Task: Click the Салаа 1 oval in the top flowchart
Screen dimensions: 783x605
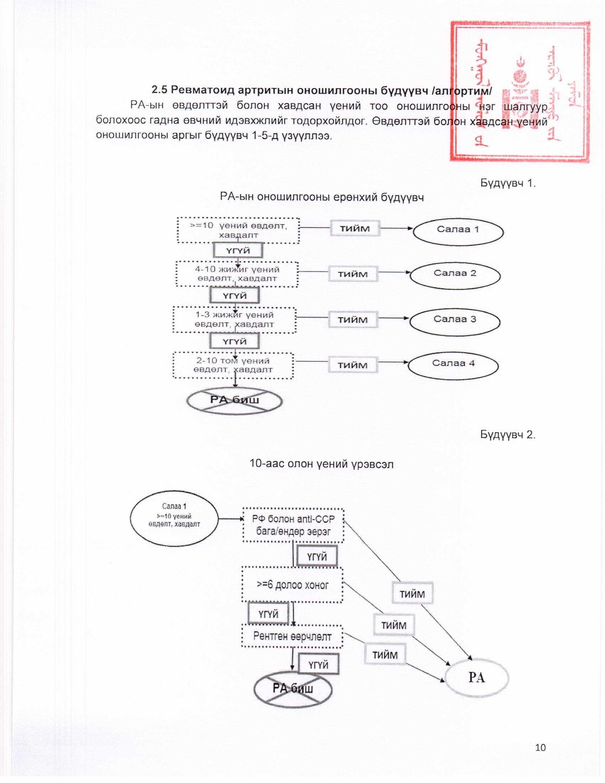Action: tap(458, 232)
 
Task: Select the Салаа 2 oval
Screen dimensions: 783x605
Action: tap(455, 275)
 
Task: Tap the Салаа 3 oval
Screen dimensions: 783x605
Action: tap(455, 321)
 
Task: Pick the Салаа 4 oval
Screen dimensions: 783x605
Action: tap(453, 365)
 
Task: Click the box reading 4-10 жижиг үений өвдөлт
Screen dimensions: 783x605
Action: tap(237, 274)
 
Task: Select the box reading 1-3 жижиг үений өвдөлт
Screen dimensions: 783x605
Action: tap(235, 320)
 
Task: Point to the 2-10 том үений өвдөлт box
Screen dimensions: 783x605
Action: tap(233, 365)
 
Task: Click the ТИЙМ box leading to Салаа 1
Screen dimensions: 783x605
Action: tap(354, 229)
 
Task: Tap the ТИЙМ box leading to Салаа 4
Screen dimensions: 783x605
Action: tap(353, 365)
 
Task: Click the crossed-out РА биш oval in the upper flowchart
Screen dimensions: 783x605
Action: tap(235, 401)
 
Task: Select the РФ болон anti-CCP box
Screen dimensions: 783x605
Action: tap(293, 525)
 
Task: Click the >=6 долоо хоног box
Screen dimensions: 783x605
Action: tap(293, 585)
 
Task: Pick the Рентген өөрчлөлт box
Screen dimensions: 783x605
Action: tap(292, 636)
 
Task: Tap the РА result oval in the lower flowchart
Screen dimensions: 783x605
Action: tap(476, 678)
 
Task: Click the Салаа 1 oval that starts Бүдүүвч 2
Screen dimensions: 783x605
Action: tap(174, 519)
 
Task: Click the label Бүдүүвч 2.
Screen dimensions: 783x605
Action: tap(507, 435)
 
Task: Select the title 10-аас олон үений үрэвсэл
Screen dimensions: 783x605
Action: tap(321, 464)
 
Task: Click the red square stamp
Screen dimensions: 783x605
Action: tap(520, 92)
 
